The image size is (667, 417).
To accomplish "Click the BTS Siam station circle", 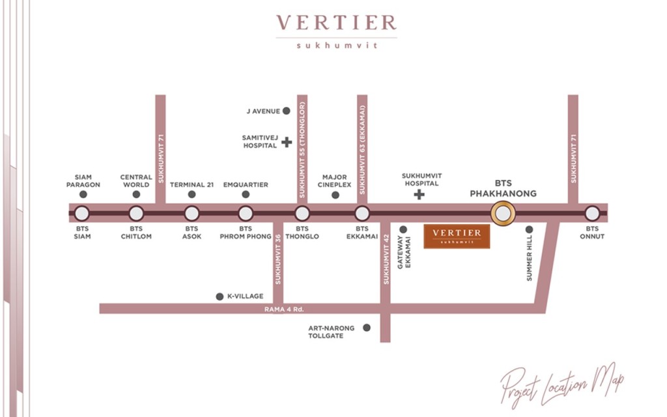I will pos(81,213).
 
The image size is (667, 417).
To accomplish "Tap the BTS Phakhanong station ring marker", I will pos(503,213).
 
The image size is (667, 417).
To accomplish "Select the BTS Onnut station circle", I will pos(591,213).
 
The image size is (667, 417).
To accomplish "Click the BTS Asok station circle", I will pos(192,213).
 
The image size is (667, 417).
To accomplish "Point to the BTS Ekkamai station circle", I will pos(362,213).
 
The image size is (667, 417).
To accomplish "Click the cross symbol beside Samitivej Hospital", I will pos(287,141).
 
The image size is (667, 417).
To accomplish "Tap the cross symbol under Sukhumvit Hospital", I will pos(419,194).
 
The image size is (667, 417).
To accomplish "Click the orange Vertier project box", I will pos(457,236).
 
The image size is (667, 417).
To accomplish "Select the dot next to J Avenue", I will pos(286,111).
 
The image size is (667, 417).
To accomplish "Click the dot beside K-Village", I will pos(220,296).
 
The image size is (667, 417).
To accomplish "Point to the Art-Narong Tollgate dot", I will pos(367,328).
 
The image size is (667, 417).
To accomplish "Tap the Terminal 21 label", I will pos(192,184).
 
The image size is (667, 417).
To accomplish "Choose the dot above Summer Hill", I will pos(529,229).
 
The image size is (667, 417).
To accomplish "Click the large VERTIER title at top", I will pos(336,23).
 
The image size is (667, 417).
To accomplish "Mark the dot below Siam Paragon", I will pos(83,194).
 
